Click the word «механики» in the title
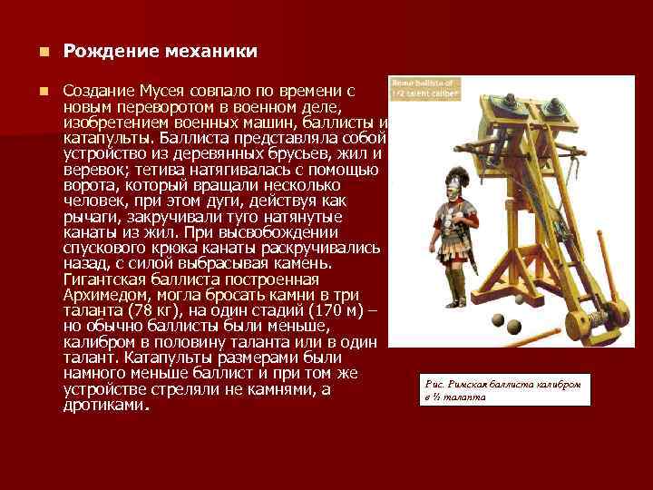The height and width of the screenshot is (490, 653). pos(205,52)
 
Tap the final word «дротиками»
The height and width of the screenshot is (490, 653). pos(104,406)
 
